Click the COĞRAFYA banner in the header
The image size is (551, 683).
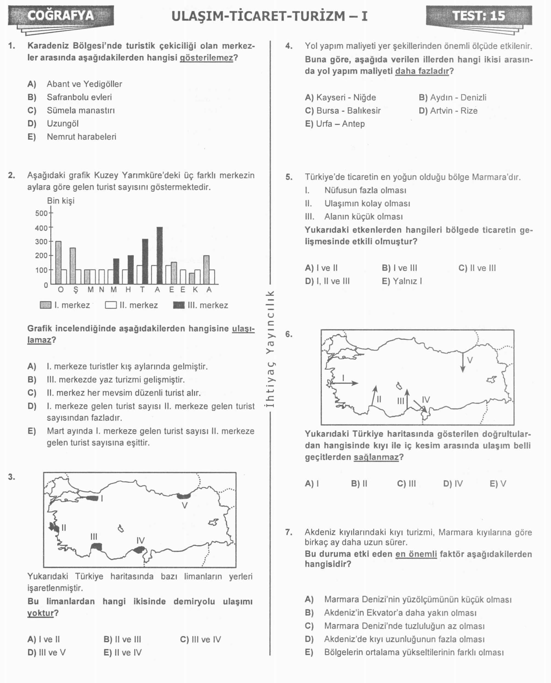tap(61, 16)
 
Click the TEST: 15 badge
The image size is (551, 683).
tap(478, 16)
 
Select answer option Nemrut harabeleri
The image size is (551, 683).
tap(81, 137)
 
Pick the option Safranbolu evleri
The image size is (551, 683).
tap(79, 97)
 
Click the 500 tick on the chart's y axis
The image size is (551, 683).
tap(41, 213)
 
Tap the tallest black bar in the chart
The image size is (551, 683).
tap(160, 255)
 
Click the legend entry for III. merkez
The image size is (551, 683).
tap(201, 305)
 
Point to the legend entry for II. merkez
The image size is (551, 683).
tap(131, 305)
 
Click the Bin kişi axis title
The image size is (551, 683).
tap(61, 201)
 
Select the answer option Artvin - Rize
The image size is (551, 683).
tap(448, 111)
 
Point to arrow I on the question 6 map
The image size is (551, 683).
tap(344, 383)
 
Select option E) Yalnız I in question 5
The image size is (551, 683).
tap(402, 281)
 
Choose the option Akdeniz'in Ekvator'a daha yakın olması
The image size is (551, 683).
tap(400, 613)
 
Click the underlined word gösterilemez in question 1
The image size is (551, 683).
tap(206, 58)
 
